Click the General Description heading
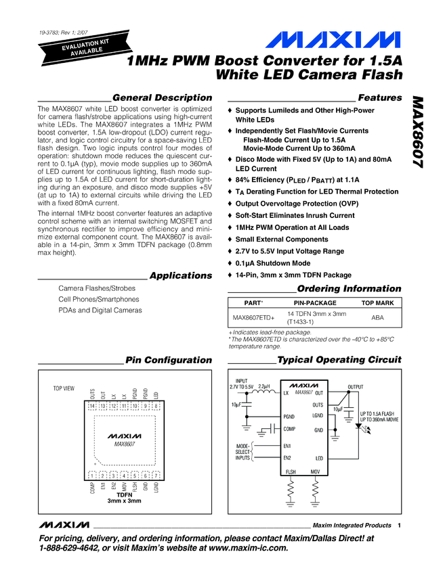click(163, 98)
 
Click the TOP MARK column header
click(378, 303)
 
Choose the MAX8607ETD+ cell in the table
click(254, 317)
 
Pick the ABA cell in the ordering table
click(378, 317)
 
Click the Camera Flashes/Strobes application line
click(97, 288)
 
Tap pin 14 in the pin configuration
click(92, 406)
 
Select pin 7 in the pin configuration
click(156, 475)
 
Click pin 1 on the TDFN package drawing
click(92, 475)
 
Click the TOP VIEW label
click(64, 390)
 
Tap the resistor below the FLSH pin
click(291, 488)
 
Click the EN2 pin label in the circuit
click(287, 458)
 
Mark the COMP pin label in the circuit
click(290, 429)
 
